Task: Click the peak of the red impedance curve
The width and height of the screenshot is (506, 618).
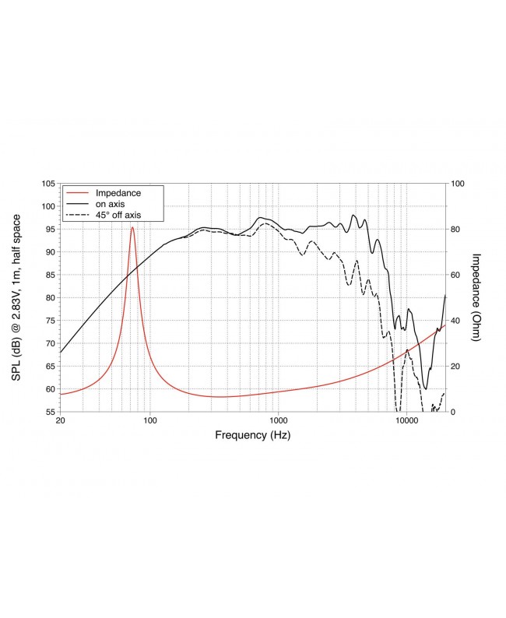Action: pos(132,227)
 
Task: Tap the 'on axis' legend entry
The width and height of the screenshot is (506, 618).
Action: pos(110,203)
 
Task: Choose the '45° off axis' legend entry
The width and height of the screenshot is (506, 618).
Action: pos(118,214)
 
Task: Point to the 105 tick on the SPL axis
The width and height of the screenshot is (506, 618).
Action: pos(47,184)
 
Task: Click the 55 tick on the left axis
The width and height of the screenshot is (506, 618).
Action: pos(50,412)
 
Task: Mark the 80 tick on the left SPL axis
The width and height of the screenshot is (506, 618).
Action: pos(50,297)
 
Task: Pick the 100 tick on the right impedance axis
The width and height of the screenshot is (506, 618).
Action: pos(459,184)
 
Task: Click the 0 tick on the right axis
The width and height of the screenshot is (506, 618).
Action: pos(453,412)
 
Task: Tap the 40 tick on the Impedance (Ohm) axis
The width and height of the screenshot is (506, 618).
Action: pos(456,321)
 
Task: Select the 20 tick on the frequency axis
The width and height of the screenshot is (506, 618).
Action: pos(61,422)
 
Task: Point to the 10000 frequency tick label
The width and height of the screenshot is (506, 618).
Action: pos(406,422)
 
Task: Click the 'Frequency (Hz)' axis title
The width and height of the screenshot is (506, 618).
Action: pos(252,436)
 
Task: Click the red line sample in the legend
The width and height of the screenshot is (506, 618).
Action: pos(78,192)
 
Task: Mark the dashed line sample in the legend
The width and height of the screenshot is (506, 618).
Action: pos(78,214)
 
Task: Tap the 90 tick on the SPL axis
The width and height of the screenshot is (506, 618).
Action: pos(50,252)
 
